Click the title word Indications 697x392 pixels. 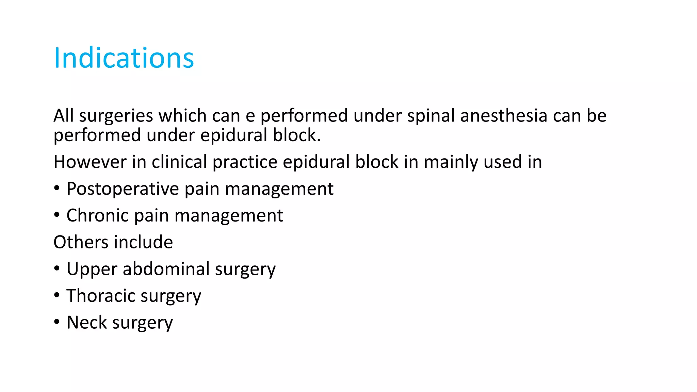point(124,58)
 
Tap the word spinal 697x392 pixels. point(431,116)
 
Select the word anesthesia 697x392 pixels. point(504,116)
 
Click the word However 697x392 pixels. point(90,162)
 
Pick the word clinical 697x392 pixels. point(179,162)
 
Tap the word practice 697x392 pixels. point(245,162)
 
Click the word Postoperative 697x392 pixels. point(123,189)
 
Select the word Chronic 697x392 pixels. point(98,215)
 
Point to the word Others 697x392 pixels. point(81,242)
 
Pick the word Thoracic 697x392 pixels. point(101,296)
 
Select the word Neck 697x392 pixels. point(86,322)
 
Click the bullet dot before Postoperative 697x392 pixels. point(57,188)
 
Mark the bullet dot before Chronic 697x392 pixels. point(57,215)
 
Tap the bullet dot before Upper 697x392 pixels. point(57,269)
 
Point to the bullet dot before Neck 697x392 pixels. point(57,322)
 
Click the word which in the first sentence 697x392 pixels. point(182,116)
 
